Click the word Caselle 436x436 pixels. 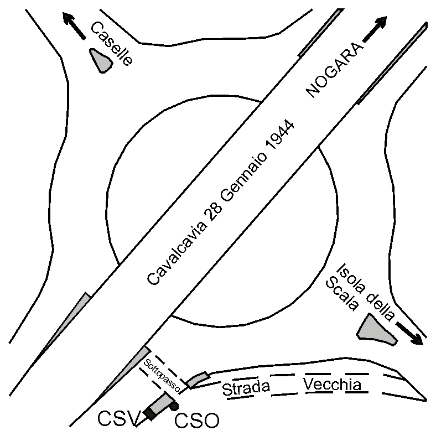point(112,44)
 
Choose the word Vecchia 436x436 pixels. point(333,384)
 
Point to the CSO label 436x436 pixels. point(196,422)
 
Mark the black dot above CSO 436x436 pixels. point(174,407)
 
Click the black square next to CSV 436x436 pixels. point(150,413)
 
